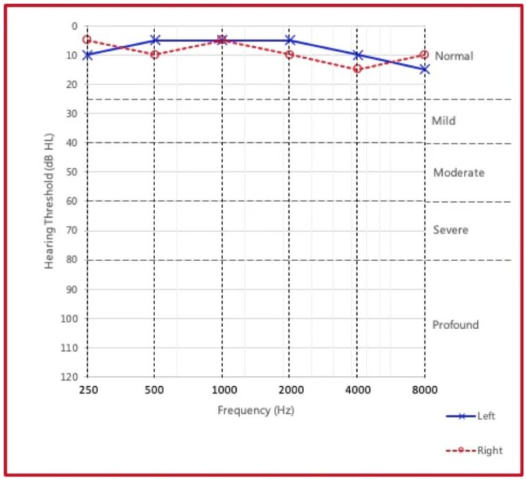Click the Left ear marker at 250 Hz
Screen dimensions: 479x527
coord(87,55)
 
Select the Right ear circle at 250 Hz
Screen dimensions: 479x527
coord(87,40)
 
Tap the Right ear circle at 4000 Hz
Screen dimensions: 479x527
coord(358,69)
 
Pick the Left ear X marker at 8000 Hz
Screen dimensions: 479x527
coord(425,69)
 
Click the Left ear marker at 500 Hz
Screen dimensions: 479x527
coord(155,40)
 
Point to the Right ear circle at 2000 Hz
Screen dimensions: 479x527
coord(290,54)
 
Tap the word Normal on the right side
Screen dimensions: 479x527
coord(454,56)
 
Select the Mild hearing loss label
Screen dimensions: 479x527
coord(443,121)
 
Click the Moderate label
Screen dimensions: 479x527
coord(458,172)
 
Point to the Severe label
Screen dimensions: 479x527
coord(451,230)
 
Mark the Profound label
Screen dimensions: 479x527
coord(455,324)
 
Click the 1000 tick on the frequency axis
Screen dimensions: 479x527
coord(222,389)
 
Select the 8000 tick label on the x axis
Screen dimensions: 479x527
coord(425,389)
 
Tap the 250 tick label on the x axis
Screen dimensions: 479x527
coord(87,389)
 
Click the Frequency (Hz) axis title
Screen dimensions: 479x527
coord(255,410)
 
